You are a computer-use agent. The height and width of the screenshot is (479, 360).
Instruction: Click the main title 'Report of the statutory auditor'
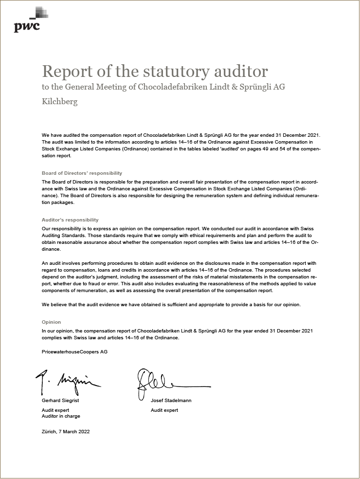(155, 71)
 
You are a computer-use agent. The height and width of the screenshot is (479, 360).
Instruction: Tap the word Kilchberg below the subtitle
(59, 102)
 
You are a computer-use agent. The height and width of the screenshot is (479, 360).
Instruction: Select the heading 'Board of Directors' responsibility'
(82, 173)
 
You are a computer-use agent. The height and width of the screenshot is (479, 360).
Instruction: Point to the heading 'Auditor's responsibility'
(70, 220)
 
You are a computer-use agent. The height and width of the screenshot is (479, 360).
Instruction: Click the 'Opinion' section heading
(52, 322)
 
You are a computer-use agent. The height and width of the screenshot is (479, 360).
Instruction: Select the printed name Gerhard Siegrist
(60, 401)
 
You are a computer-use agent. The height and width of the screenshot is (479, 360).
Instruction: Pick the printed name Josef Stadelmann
(171, 401)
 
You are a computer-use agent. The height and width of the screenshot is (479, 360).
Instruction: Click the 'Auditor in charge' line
(61, 416)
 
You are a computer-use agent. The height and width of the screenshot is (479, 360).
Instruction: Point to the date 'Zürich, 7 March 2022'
(66, 432)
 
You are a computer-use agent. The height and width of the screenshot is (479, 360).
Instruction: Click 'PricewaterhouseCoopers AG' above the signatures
(74, 351)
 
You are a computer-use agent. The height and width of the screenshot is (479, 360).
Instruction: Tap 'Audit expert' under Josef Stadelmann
(164, 410)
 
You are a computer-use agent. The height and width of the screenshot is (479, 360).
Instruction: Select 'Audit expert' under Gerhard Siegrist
(55, 410)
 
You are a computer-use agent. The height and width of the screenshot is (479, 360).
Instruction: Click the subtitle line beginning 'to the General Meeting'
(163, 87)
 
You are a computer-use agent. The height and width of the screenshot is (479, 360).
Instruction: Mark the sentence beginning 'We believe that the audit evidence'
(171, 305)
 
